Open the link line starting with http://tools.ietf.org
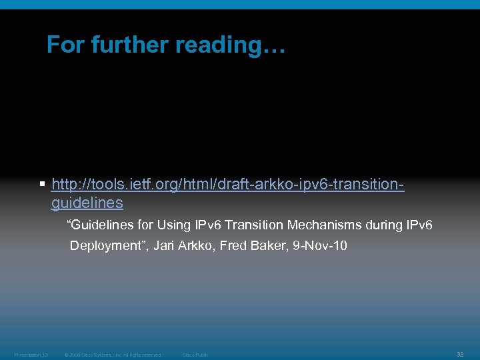tap(227, 183)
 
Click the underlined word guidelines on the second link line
tap(87, 202)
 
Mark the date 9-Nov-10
tap(319, 245)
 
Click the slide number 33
tap(460, 354)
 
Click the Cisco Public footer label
tap(195, 355)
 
